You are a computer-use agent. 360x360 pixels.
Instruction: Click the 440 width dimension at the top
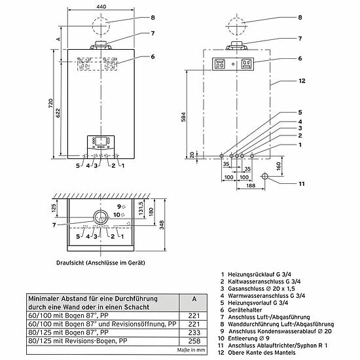pos(101,7)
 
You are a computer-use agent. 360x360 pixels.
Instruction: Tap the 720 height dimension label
pos(51,104)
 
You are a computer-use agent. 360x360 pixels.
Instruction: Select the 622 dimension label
pos(58,113)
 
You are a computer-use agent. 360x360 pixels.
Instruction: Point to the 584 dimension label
pos(183,117)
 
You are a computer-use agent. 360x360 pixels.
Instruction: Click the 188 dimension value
pos(251,185)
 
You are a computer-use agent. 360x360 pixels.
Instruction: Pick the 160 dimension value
pos(278,166)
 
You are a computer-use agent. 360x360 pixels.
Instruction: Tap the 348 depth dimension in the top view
pos(162,225)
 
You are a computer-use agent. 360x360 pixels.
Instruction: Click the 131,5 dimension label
pos(141,207)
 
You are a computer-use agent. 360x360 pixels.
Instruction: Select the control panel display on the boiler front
pos(100,141)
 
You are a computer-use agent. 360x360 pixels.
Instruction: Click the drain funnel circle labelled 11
pos(264,176)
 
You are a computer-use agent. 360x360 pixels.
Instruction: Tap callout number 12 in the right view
pos(302,81)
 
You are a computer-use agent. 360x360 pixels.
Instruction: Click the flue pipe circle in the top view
pos(101,217)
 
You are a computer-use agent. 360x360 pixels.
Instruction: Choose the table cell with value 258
pos(194,341)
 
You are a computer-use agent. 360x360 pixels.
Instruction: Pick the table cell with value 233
pos(194,333)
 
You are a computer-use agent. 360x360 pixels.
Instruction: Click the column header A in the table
pos(194,299)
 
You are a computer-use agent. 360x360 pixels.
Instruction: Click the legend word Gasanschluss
pos(243,289)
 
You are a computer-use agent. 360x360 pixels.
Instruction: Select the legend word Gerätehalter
pos(245,310)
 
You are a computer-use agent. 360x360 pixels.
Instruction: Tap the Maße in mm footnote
pos(191,350)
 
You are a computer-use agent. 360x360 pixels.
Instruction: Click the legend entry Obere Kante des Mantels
pos(262,353)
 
